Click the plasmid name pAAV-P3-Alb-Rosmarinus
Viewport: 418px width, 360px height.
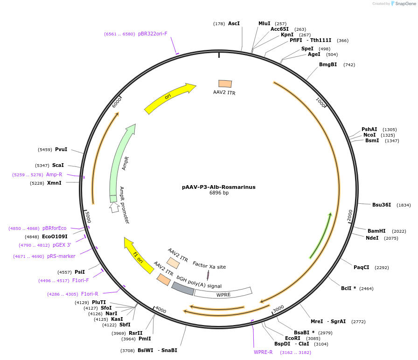click(x=219, y=187)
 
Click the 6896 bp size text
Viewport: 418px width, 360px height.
click(x=219, y=193)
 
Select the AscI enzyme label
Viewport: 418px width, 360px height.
click(x=234, y=23)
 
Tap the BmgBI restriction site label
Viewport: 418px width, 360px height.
click(x=328, y=64)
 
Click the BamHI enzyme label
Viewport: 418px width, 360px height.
click(x=376, y=231)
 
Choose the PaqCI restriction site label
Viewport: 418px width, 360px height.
click(x=362, y=267)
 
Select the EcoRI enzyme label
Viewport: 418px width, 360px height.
click(x=293, y=339)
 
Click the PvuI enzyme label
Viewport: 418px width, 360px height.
click(x=61, y=149)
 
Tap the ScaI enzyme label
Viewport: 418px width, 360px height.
click(x=58, y=165)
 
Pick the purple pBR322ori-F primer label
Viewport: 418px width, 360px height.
click(x=153, y=34)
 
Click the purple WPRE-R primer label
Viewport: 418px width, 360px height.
click(x=263, y=352)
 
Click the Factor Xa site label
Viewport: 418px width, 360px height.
click(x=209, y=267)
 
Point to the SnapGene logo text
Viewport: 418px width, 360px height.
click(x=404, y=3)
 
